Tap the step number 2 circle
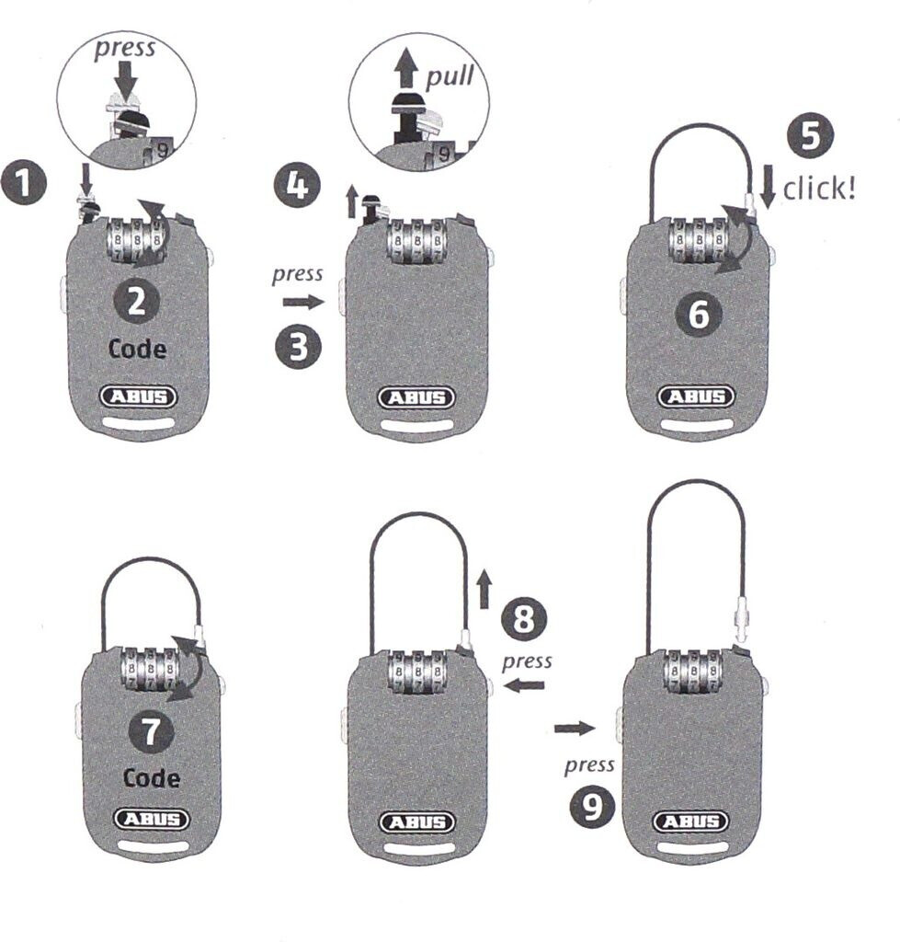coord(135,303)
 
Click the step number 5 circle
coord(810,135)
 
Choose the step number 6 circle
coord(698,315)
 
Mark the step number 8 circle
coord(523,619)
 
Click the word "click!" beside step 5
coord(819,189)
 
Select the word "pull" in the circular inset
coord(450,75)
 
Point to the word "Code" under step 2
coord(137,350)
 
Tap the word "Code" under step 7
coord(152,778)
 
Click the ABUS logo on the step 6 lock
coord(697,396)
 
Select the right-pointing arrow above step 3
coord(298,302)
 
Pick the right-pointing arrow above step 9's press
coord(575,729)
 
